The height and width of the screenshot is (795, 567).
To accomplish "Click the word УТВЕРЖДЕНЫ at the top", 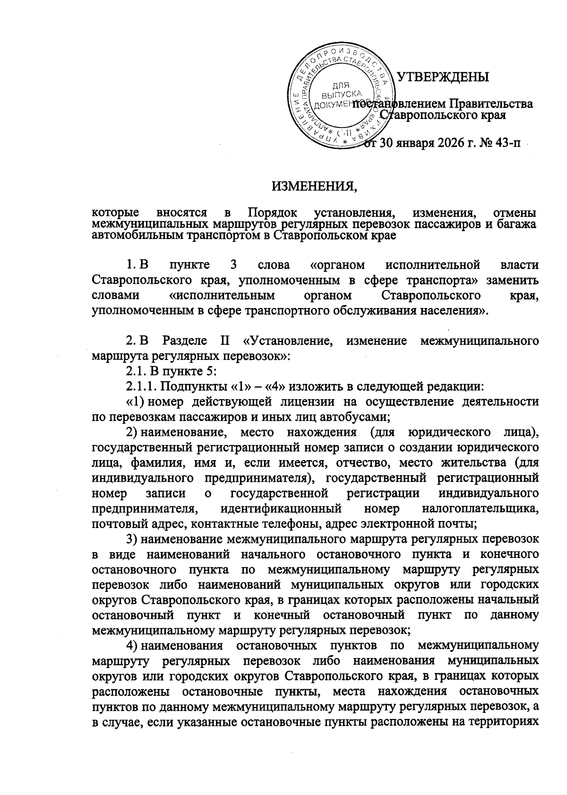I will click(443, 77).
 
